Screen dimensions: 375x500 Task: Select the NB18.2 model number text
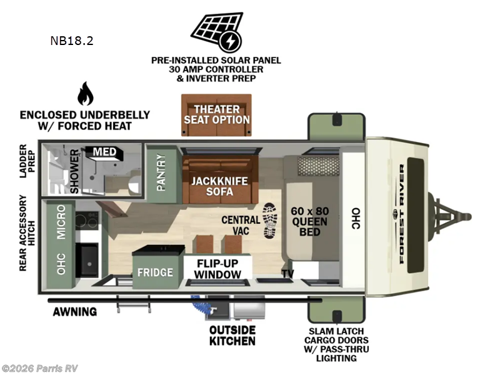tap(72, 42)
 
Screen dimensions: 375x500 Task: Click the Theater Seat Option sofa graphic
tap(216, 114)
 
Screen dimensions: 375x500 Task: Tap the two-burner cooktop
tap(87, 220)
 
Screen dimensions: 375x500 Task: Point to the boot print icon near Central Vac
tap(270, 221)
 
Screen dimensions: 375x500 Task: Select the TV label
tap(287, 274)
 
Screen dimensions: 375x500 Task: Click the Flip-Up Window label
tap(217, 269)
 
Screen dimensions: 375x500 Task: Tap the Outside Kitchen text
tap(232, 335)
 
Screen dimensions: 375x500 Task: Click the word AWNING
tap(74, 311)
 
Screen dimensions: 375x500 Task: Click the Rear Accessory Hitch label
tap(23, 233)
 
